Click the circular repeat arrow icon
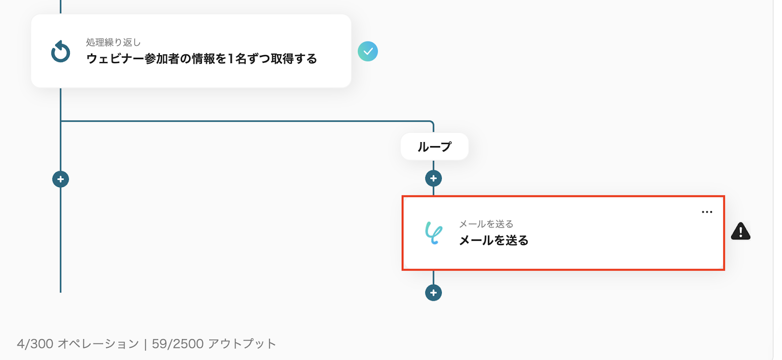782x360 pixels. pyautogui.click(x=61, y=52)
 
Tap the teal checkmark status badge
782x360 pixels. pyautogui.click(x=368, y=51)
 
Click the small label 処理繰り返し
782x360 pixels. pyautogui.click(x=113, y=42)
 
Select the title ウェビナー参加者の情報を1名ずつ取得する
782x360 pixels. pyautogui.click(x=201, y=59)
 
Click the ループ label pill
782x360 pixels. pyautogui.click(x=434, y=147)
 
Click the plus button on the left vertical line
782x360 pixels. pyautogui.click(x=61, y=179)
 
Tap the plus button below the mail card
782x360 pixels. pyautogui.click(x=433, y=293)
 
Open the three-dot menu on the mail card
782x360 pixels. pyautogui.click(x=707, y=212)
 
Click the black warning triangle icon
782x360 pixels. pyautogui.click(x=740, y=232)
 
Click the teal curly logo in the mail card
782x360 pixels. pyautogui.click(x=434, y=233)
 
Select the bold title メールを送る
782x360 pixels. pyautogui.click(x=494, y=240)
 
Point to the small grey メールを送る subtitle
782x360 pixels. pyautogui.click(x=486, y=224)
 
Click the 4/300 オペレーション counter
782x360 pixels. pyautogui.click(x=78, y=344)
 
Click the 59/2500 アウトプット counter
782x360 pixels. pyautogui.click(x=214, y=344)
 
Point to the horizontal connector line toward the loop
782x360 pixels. pyautogui.click(x=244, y=121)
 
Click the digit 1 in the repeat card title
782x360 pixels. pyautogui.click(x=231, y=59)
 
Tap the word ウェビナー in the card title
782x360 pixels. pyautogui.click(x=115, y=59)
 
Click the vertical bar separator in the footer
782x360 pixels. pyautogui.click(x=145, y=344)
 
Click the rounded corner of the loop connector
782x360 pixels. pyautogui.click(x=431, y=123)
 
